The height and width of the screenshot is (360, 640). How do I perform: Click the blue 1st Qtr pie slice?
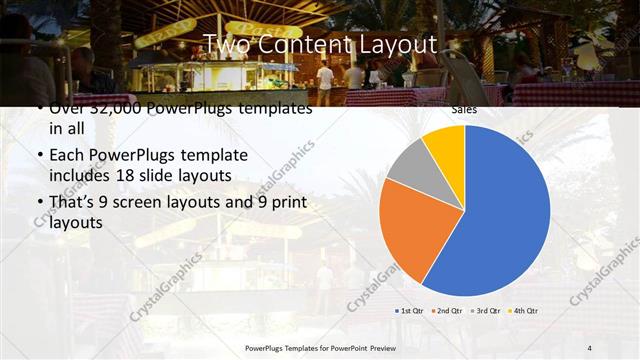[x=500, y=215]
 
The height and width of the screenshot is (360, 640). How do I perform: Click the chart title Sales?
[x=463, y=108]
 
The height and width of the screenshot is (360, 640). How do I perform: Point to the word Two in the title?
[x=226, y=44]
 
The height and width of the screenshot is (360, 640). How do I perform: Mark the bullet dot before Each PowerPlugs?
[x=38, y=156]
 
